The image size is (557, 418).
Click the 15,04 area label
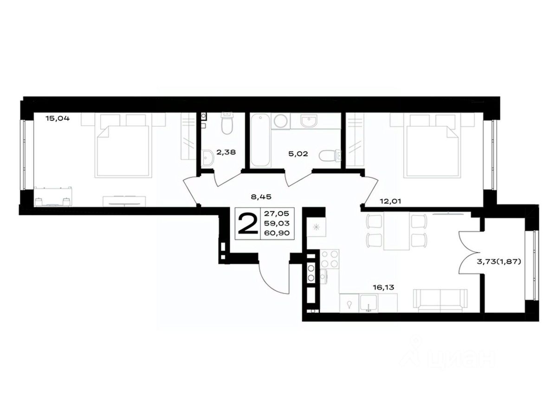point(58,118)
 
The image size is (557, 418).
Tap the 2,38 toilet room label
point(226,152)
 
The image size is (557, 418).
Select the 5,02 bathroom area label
point(298,154)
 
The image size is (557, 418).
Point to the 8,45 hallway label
point(261,196)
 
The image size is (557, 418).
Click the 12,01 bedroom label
point(390,202)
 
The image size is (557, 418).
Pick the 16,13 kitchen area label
point(383,287)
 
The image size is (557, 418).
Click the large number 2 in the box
point(248,223)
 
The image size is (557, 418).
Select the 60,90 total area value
point(277,233)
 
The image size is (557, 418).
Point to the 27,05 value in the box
point(277,214)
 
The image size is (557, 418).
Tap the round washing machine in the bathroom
point(280,121)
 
